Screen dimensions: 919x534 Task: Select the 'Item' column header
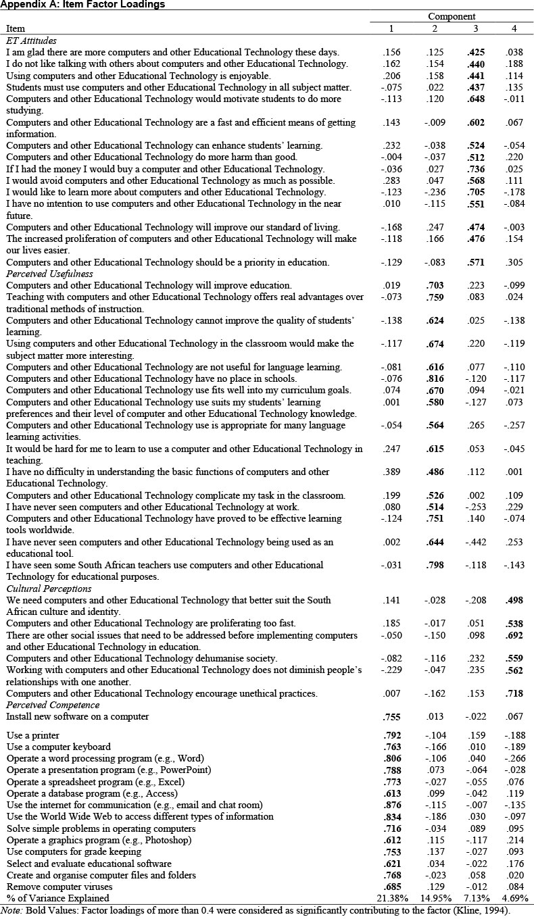click(x=16, y=28)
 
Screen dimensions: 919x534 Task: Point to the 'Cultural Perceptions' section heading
click(x=49, y=589)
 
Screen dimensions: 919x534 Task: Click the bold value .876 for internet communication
click(x=391, y=805)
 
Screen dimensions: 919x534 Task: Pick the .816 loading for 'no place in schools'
click(x=435, y=378)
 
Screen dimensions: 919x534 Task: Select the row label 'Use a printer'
click(x=33, y=735)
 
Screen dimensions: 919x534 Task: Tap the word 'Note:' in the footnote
click(x=12, y=910)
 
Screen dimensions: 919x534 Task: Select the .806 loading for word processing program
click(x=391, y=758)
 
